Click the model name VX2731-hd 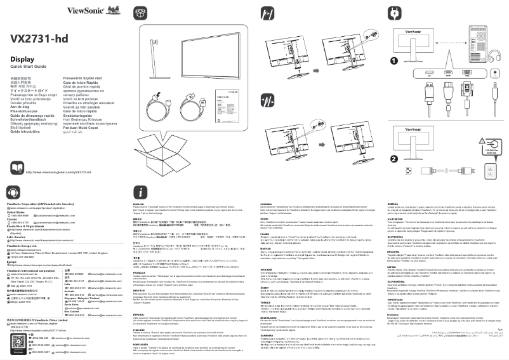pyautogui.click(x=39, y=39)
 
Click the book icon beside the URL pyautogui.click(x=15, y=171)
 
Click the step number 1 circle pyautogui.click(x=393, y=61)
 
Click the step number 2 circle pyautogui.click(x=393, y=159)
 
